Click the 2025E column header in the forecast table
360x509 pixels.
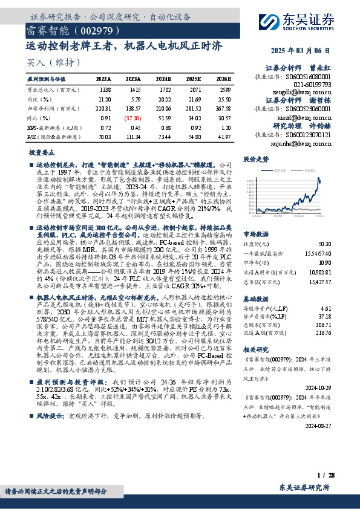[194, 79]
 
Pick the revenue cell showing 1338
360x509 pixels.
[105, 88]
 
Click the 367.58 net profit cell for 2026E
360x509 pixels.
[223, 108]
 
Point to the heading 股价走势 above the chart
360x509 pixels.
[255, 160]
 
